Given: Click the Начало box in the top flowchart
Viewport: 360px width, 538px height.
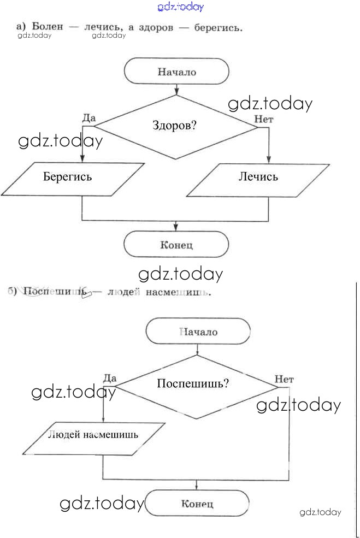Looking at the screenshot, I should tap(176, 72).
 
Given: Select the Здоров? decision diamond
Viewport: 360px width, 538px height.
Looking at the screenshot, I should tap(175, 126).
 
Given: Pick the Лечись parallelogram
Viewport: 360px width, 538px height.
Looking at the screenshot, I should tap(258, 177).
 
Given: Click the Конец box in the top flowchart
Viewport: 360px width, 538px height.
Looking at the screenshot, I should tap(176, 245).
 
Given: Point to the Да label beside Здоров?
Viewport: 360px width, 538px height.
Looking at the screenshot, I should tap(88, 117).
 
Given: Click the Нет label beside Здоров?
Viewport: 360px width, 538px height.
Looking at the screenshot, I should tap(264, 119).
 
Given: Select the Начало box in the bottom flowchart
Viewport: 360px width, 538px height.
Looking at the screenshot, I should tap(198, 332).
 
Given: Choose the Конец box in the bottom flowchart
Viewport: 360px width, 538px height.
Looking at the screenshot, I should tap(197, 503).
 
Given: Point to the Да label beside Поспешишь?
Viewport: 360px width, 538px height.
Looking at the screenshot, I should tap(110, 377).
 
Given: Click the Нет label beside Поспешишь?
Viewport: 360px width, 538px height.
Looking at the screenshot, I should tap(284, 379).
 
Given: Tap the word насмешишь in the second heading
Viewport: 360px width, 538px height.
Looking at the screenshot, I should tap(178, 292).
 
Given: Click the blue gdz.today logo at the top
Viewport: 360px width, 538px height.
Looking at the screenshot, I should tap(180, 7).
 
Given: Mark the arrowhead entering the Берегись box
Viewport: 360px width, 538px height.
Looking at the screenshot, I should tap(82, 159).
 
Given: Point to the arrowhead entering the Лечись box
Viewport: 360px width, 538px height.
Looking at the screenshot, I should tap(268, 159).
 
